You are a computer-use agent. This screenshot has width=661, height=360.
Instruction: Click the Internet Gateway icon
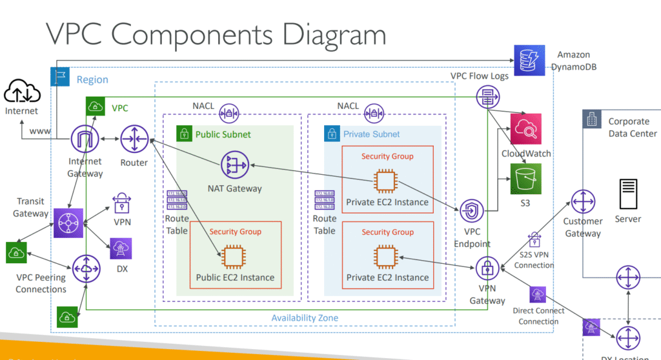(85, 139)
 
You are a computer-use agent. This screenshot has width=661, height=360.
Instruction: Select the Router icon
(134, 139)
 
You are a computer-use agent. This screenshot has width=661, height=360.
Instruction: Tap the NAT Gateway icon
(236, 165)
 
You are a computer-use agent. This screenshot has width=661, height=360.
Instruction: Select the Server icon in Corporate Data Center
(627, 192)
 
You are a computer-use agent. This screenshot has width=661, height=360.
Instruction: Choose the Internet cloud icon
(21, 94)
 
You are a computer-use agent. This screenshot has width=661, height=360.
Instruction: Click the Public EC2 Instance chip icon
(234, 255)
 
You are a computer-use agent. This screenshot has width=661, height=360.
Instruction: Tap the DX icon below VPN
(121, 248)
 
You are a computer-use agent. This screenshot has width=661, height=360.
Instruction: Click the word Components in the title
(208, 33)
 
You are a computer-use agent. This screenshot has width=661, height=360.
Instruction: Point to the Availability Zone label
(305, 318)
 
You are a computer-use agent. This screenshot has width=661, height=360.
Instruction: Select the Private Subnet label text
(372, 134)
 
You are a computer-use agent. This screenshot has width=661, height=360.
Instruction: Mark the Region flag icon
(60, 78)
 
